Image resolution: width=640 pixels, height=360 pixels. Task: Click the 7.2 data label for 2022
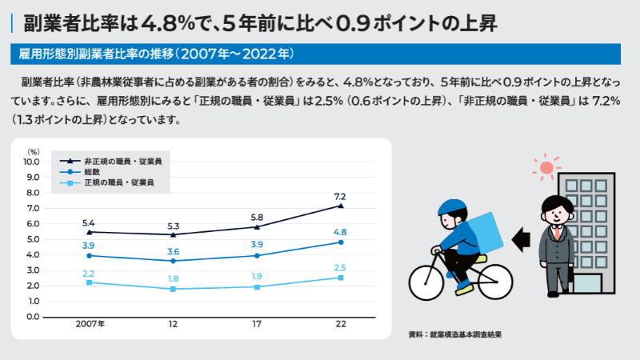(339, 196)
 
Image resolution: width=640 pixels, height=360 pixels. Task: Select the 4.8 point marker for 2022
(341, 242)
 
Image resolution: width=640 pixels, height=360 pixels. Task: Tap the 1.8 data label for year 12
(173, 278)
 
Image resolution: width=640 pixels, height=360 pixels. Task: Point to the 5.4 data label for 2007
(89, 222)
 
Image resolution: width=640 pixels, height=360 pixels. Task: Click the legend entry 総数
(92, 172)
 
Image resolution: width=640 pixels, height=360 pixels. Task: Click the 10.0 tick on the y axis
(32, 162)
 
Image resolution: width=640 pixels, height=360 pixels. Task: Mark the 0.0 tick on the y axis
(33, 317)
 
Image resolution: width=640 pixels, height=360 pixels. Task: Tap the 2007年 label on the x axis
(90, 326)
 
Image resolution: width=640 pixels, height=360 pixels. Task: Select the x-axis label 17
(257, 326)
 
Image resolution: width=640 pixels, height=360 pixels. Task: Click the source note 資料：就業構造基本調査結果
(454, 334)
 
